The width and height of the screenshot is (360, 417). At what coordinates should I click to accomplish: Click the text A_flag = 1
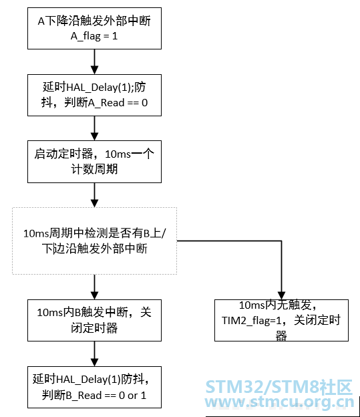click(x=94, y=36)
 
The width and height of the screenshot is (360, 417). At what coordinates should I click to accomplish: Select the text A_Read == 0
click(x=118, y=103)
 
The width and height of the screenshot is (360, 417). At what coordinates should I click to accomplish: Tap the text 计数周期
click(x=94, y=169)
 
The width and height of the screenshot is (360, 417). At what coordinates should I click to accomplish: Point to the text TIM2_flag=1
click(x=252, y=321)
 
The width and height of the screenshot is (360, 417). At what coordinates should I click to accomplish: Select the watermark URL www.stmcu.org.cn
click(x=279, y=402)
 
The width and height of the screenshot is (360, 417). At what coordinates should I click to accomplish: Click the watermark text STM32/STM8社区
click(x=279, y=387)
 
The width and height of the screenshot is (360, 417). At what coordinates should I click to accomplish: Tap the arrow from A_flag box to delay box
click(x=94, y=61)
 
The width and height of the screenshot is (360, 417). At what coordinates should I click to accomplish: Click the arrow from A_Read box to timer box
click(x=94, y=128)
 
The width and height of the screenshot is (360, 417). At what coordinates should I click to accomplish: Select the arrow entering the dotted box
click(x=94, y=195)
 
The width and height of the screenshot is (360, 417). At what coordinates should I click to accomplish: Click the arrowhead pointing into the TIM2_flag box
click(x=282, y=296)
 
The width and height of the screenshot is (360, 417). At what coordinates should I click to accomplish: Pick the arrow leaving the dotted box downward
click(x=94, y=287)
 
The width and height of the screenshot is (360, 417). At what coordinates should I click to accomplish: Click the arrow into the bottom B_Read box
click(x=94, y=354)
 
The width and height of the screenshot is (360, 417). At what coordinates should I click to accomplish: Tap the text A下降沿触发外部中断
click(x=94, y=21)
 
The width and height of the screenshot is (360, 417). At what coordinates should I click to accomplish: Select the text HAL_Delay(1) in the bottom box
click(x=89, y=380)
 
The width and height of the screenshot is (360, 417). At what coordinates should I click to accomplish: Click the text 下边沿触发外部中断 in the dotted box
click(x=94, y=249)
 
